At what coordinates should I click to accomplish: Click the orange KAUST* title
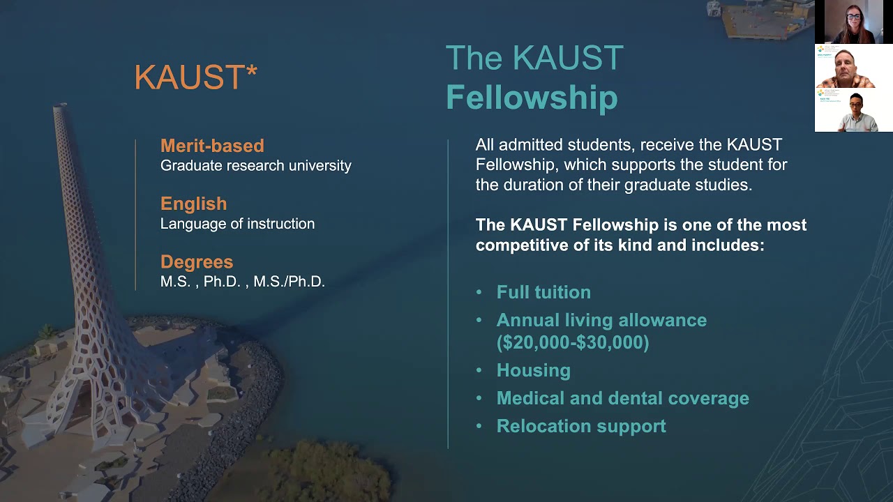coord(195,77)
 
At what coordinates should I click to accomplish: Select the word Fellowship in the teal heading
coord(532,98)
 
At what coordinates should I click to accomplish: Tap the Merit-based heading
coord(212,146)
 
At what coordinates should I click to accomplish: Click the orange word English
coord(193,204)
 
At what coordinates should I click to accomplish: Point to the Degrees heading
coord(197,261)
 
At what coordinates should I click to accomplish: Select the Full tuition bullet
coord(543,292)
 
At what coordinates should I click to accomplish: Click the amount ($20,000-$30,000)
coord(573,342)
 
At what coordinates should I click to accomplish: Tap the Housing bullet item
coord(533,370)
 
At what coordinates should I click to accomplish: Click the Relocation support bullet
coord(581,426)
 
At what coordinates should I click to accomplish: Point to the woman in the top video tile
coord(853,22)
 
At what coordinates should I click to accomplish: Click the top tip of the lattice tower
coord(60,107)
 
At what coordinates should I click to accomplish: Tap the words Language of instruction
coord(237,224)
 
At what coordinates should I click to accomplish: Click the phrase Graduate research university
coord(255,166)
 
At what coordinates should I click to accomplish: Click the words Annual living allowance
coord(601,320)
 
